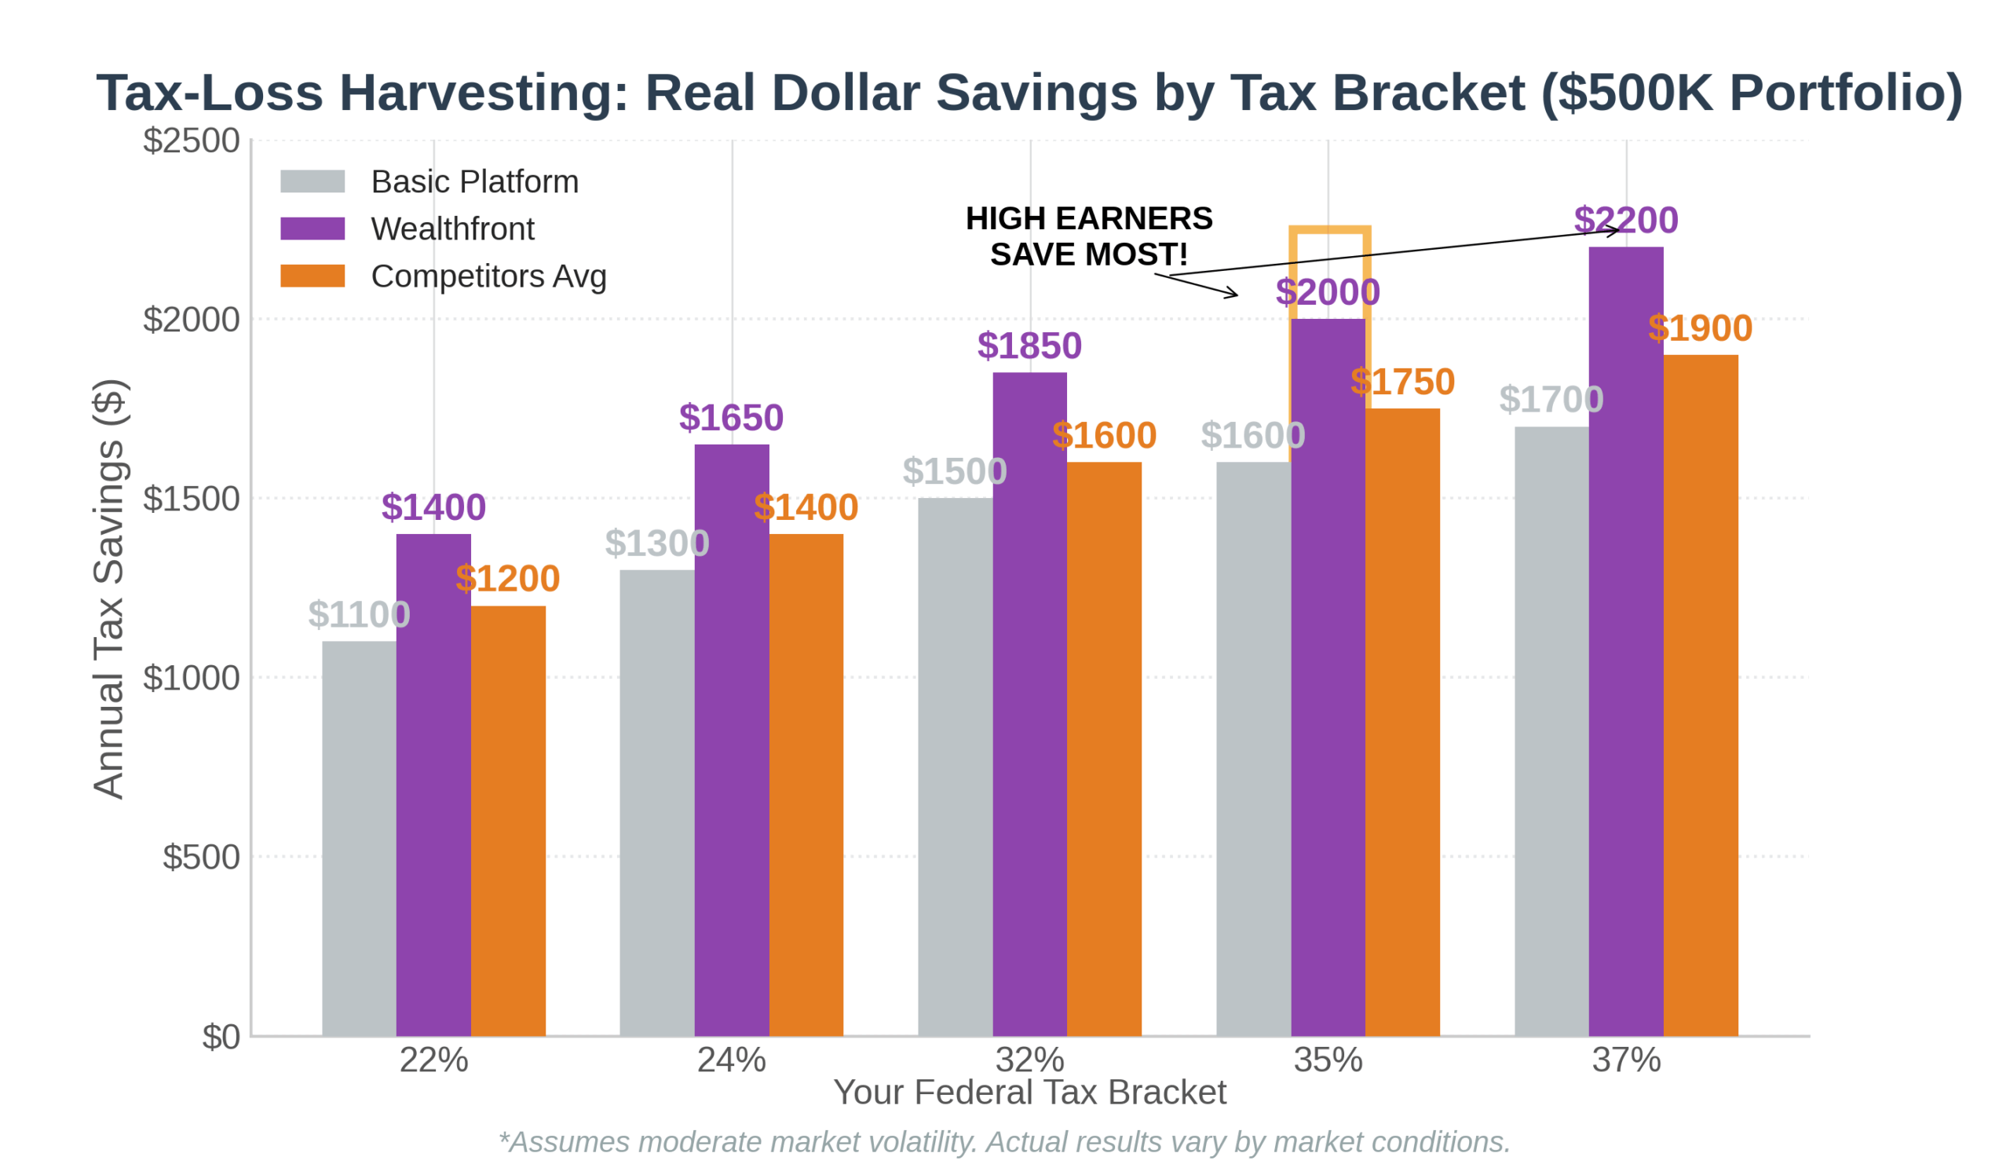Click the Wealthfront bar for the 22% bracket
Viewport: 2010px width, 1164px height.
[x=433, y=786]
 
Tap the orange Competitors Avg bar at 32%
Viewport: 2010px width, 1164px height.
[x=1104, y=750]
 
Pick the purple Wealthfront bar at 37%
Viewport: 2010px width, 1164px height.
[x=1625, y=642]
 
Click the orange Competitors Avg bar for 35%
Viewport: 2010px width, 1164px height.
[x=1402, y=722]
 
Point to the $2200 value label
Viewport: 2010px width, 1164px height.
[x=1625, y=219]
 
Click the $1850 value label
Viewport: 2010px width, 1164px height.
[x=1029, y=346]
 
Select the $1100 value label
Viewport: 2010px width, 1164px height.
[x=359, y=614]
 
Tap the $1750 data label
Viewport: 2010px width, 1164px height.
[x=1402, y=382]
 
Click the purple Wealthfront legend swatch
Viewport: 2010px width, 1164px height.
[x=312, y=229]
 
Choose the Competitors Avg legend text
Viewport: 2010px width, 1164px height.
[x=488, y=276]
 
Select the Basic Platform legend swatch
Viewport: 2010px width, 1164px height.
[x=312, y=181]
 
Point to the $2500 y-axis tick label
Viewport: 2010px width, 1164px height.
[x=191, y=141]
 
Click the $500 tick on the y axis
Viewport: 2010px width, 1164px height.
[x=200, y=857]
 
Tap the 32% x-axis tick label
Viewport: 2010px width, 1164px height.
[x=1029, y=1060]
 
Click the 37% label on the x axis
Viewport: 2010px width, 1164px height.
[x=1625, y=1060]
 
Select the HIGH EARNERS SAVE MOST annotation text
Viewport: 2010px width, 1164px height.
[x=1089, y=236]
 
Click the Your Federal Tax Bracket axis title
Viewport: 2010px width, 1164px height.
[x=1029, y=1093]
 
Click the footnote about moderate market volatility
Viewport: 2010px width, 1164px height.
[x=1003, y=1142]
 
